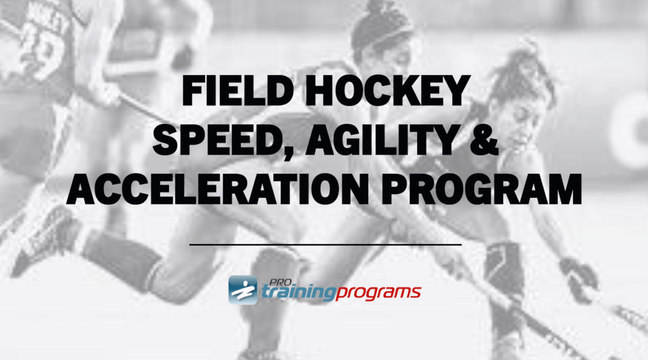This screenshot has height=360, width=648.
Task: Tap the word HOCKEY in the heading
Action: [x=388, y=91]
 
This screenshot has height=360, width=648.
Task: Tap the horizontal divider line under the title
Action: [x=325, y=245]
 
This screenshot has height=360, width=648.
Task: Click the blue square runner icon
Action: [x=242, y=290]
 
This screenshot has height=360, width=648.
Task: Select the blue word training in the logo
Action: [x=297, y=293]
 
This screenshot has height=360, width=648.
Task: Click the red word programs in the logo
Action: [x=378, y=294]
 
